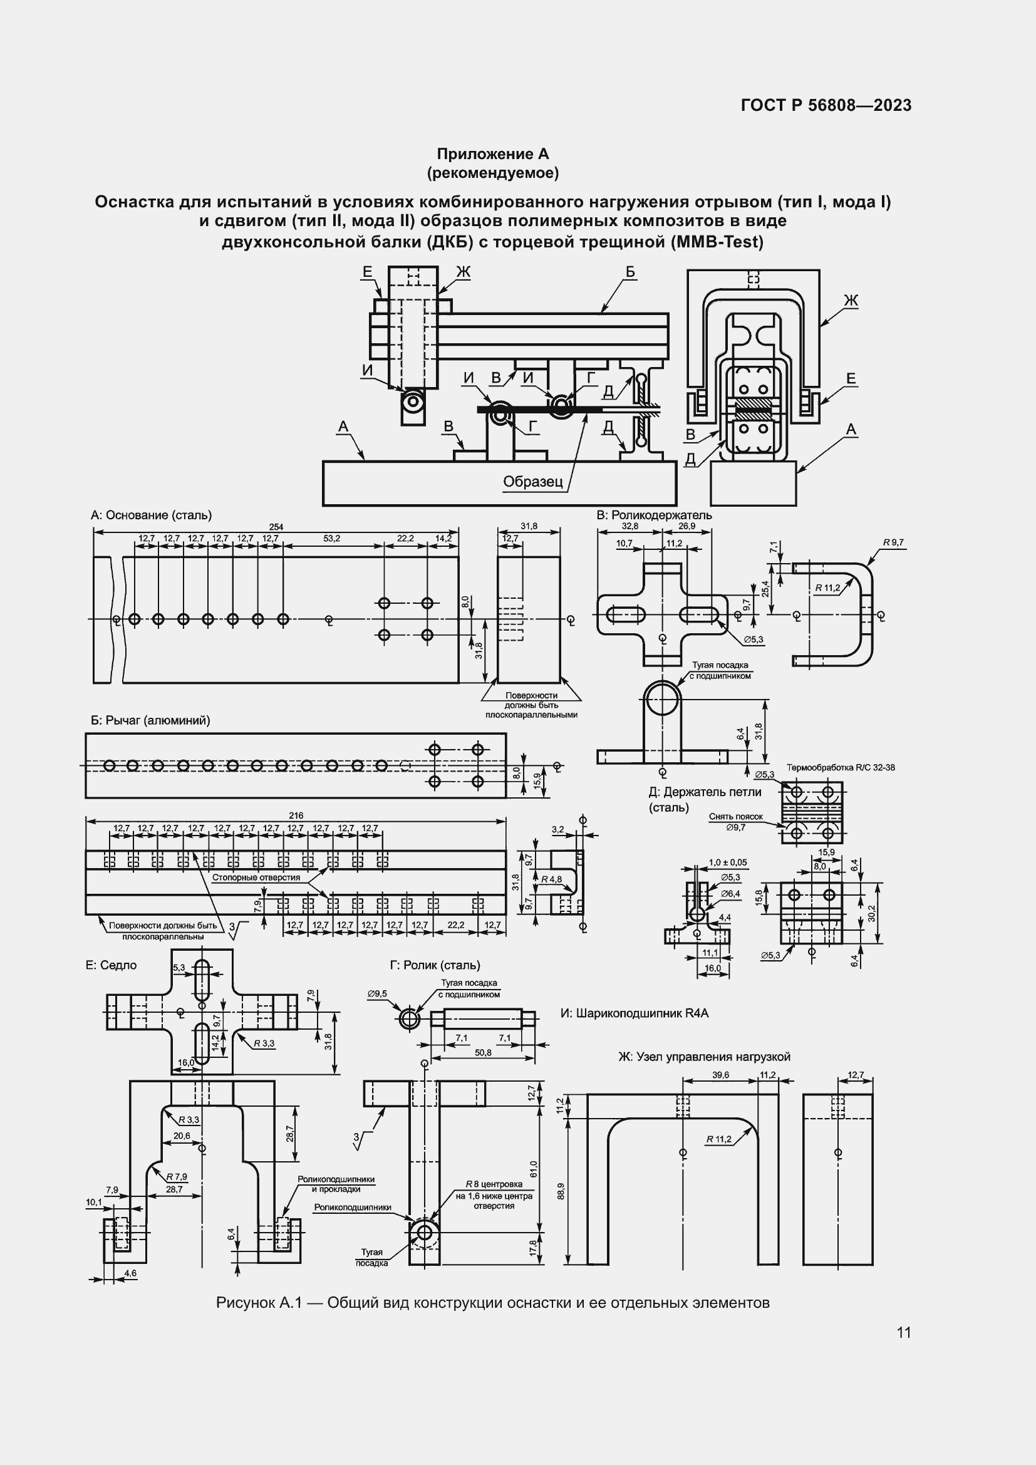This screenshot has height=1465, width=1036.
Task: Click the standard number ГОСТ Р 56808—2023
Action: pyautogui.click(x=826, y=106)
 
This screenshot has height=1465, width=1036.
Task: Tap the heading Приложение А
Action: pyautogui.click(x=492, y=154)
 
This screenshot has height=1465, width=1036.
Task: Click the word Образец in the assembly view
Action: pyautogui.click(x=532, y=481)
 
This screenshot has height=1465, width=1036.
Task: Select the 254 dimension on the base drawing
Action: pyautogui.click(x=276, y=527)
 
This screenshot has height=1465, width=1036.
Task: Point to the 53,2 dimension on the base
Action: pyautogui.click(x=332, y=539)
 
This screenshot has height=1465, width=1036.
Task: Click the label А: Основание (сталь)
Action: pyautogui.click(x=151, y=515)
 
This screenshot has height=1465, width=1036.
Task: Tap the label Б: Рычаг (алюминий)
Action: pyautogui.click(x=150, y=720)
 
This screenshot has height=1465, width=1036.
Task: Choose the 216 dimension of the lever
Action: pyautogui.click(x=296, y=815)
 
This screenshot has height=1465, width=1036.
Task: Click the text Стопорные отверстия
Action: pyautogui.click(x=256, y=877)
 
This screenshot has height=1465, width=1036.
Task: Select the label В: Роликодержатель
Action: pyautogui.click(x=654, y=515)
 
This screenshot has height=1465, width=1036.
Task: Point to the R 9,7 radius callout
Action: pyautogui.click(x=893, y=542)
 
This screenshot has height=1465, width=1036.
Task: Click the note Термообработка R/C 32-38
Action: pyautogui.click(x=840, y=768)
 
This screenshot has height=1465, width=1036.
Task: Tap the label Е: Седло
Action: pyautogui.click(x=111, y=965)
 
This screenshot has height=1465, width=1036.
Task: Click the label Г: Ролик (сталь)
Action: pyautogui.click(x=435, y=965)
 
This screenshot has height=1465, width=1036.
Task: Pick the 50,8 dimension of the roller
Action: pyautogui.click(x=483, y=1053)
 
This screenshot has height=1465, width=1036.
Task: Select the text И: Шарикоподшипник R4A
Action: pyautogui.click(x=635, y=1013)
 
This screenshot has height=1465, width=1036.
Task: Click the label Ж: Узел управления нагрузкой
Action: pyautogui.click(x=704, y=1057)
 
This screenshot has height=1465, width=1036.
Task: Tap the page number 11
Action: pyautogui.click(x=903, y=1332)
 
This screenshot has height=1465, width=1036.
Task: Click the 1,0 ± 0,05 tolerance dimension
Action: pyautogui.click(x=727, y=862)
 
